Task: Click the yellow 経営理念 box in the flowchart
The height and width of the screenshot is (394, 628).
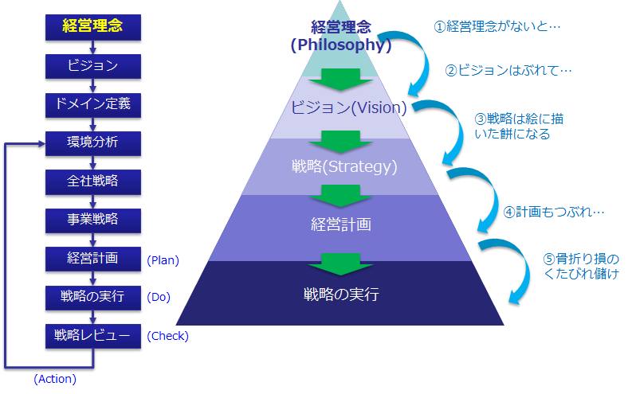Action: coord(93,27)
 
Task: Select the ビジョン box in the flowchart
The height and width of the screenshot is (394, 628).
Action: coord(93,66)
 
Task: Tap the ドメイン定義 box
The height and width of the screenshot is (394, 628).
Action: coord(93,105)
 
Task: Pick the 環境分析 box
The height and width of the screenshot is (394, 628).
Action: coord(93,143)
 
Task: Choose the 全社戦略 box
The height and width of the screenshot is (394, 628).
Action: coord(93,182)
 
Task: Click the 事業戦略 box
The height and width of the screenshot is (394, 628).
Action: coord(93,220)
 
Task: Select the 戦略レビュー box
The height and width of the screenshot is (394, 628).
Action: coord(93,336)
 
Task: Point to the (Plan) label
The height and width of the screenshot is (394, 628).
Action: coord(163,260)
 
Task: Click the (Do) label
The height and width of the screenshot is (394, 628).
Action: coord(159,297)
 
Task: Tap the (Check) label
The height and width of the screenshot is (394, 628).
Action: coord(167,336)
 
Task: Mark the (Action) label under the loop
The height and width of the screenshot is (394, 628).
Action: coord(55,379)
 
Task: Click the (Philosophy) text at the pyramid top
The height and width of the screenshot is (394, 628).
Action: coord(341,45)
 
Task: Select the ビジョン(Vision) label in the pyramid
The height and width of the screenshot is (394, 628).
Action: coord(348,107)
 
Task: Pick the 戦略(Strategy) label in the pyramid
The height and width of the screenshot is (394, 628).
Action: coord(344,166)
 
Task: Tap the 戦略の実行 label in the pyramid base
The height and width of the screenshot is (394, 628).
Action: coord(341,295)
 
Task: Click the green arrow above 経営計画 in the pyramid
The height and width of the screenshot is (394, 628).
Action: coord(340,196)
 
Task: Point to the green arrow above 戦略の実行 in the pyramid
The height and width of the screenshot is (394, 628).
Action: coord(340,264)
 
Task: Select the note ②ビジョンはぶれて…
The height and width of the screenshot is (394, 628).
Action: coord(508,70)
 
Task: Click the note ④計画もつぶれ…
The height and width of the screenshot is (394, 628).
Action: coord(554,212)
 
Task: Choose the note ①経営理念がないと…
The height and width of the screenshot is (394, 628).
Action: coord(497,26)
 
